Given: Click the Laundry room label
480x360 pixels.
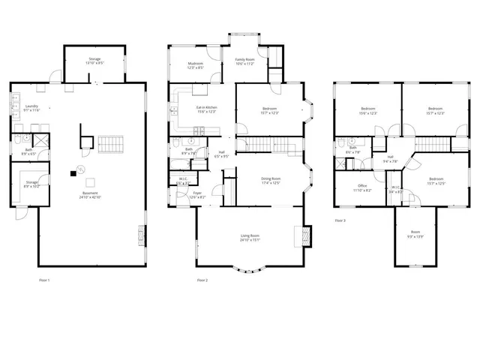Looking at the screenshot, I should [x=31, y=108].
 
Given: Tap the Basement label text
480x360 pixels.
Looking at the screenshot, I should [x=91, y=196].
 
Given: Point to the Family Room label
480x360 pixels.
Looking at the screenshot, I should [x=245, y=61].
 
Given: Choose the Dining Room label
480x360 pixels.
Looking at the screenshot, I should [x=271, y=180].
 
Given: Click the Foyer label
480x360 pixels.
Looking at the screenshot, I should [x=197, y=195].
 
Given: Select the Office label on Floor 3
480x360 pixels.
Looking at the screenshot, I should [x=361, y=188].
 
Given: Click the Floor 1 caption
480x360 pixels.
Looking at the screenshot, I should [x=44, y=280].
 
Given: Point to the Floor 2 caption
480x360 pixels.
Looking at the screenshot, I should [x=202, y=280].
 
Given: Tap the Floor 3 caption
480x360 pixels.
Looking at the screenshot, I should [x=340, y=220].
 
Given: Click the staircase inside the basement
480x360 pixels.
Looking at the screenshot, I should [x=109, y=142].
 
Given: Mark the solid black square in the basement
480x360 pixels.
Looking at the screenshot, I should [x=73, y=173].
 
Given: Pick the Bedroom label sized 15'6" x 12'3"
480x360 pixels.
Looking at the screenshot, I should [x=367, y=111].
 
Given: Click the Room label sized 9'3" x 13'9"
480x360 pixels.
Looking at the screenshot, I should [x=415, y=234].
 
